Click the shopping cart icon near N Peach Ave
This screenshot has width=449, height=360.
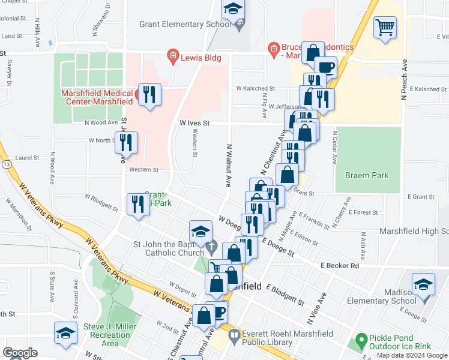385,28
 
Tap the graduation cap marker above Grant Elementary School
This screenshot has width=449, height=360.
232,10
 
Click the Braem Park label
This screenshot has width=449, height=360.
366,175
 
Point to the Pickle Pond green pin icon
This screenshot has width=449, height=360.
360,340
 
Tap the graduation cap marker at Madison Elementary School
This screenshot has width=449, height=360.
423,285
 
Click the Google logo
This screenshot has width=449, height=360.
20,352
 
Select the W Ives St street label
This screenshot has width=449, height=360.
194,122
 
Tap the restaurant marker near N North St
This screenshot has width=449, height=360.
126,143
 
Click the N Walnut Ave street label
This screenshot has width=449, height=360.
229,165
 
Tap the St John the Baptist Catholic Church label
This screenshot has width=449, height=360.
169,248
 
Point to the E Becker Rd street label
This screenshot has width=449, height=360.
339,265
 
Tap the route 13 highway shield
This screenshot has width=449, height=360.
5,163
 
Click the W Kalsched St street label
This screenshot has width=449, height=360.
255,88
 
